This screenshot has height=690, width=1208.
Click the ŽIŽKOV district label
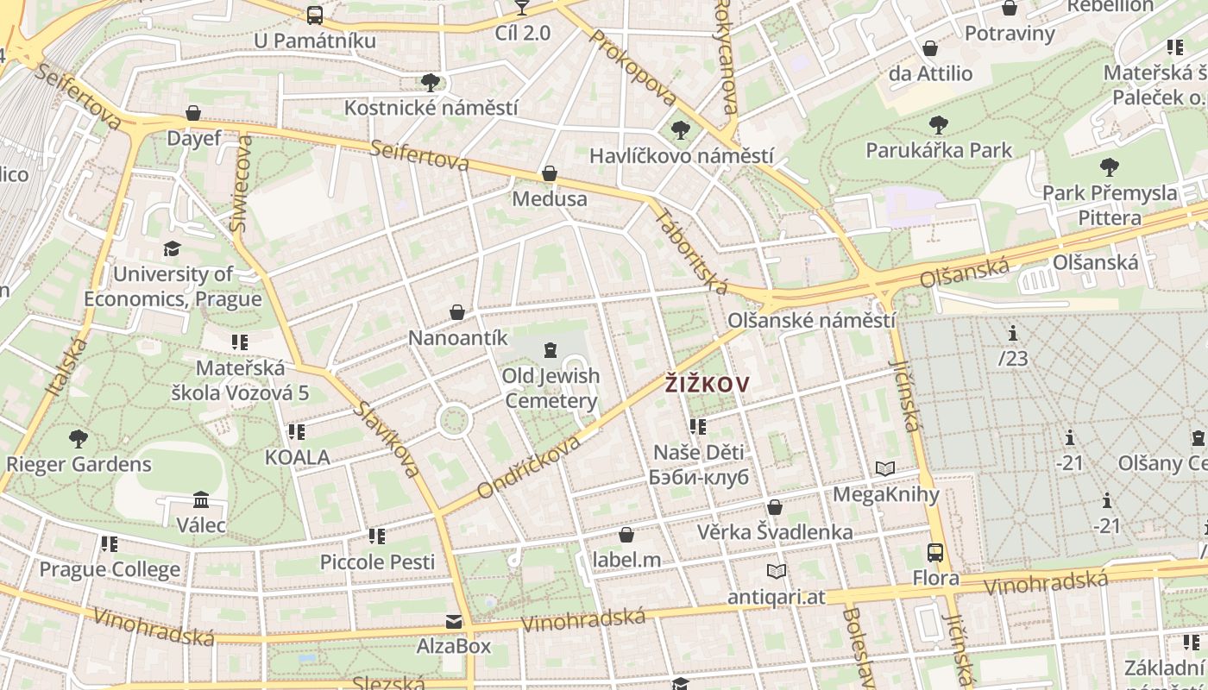coord(708,385)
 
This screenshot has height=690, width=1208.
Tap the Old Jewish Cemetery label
coord(551,388)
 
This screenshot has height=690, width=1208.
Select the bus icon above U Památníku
coord(315,15)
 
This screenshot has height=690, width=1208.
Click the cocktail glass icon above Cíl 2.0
coord(521,8)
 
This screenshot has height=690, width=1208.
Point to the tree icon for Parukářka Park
coord(939,125)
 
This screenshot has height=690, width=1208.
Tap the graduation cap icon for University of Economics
coord(173,249)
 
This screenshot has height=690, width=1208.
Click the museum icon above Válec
coord(201,499)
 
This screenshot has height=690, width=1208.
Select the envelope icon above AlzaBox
coord(453,622)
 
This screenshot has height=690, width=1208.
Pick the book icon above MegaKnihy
coord(885,468)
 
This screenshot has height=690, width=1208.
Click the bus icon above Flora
coord(935,552)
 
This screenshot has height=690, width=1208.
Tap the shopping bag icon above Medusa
coord(549,174)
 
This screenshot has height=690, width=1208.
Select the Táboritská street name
coord(691,250)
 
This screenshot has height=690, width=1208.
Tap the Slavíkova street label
coord(387,439)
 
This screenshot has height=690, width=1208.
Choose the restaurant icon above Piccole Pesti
coord(377,536)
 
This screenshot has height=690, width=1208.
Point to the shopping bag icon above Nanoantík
coord(457,312)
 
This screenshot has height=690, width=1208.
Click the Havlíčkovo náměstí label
coord(682,156)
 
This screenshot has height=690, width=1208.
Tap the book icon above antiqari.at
coord(777,571)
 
